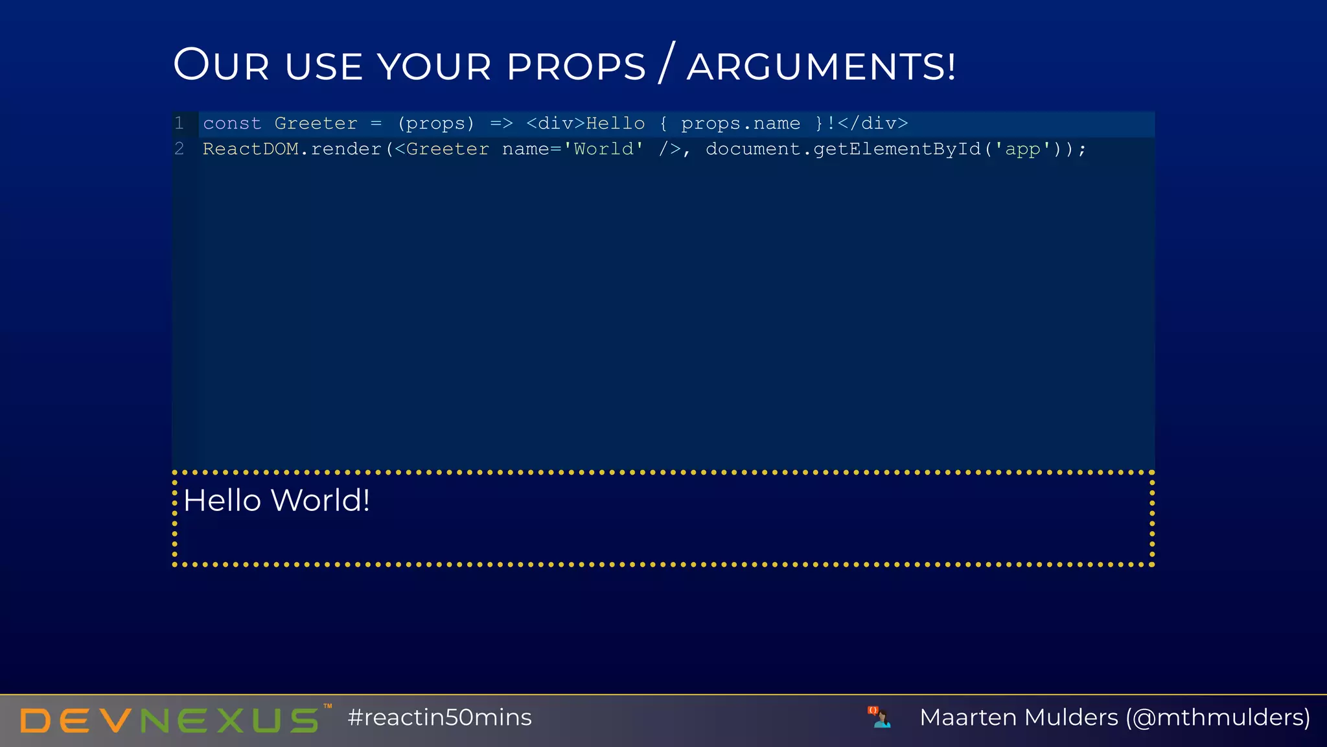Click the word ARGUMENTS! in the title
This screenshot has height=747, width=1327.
(821, 67)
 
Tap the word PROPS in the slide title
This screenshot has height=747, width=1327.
(576, 67)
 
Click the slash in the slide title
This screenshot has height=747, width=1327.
(667, 63)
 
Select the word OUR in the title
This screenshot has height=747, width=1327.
(221, 65)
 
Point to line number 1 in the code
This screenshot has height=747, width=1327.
(179, 123)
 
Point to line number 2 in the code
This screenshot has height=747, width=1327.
(179, 149)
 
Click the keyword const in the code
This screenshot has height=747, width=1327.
(232, 123)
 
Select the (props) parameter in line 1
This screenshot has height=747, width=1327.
(435, 123)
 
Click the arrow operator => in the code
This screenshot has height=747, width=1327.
(501, 123)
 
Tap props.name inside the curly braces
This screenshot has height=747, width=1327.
(741, 123)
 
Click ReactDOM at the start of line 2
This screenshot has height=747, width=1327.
(251, 149)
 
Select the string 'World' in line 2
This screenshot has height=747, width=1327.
(603, 149)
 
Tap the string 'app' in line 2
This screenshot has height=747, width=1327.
(1022, 149)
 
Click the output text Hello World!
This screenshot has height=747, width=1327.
(277, 501)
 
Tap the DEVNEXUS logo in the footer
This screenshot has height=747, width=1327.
(170, 720)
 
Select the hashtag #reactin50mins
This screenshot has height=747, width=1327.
(439, 718)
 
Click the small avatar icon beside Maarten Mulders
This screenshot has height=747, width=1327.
(879, 717)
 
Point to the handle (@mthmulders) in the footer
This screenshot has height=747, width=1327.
(1218, 718)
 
